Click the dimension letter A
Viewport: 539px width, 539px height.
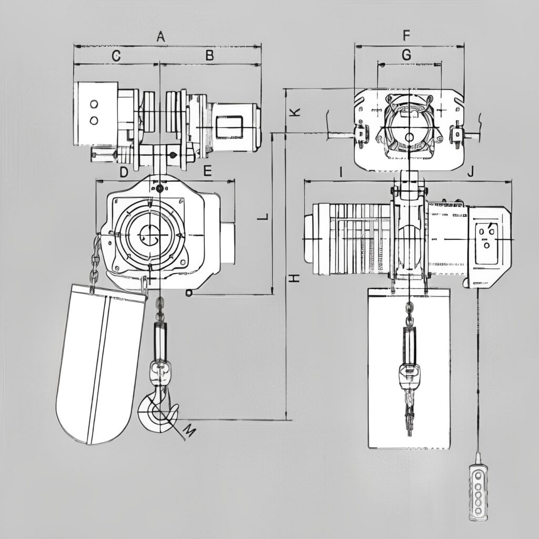(161, 36)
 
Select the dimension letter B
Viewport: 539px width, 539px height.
(209, 55)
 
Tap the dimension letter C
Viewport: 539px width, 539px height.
(116, 56)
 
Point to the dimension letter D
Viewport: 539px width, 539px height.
(124, 172)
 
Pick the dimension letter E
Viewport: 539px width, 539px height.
(207, 171)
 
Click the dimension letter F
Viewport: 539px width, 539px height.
(406, 35)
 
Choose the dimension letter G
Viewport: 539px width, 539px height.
(406, 55)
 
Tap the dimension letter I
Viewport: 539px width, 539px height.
(341, 172)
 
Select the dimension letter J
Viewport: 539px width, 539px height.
(471, 171)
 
